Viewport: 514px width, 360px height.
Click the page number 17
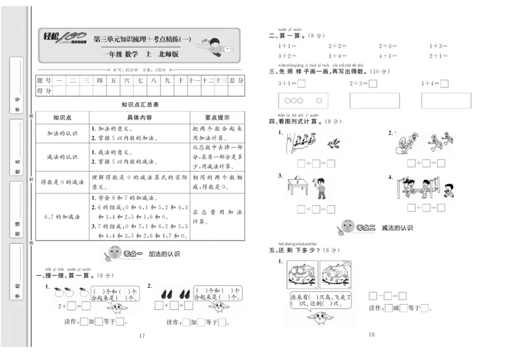pyautogui.click(x=142, y=336)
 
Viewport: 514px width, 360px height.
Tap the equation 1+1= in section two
pyautogui.click(x=287, y=46)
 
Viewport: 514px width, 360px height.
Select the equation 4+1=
pyautogui.click(x=338, y=56)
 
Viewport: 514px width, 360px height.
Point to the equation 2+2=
pyautogui.click(x=338, y=46)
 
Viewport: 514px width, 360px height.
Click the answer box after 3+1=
pyautogui.click(x=301, y=84)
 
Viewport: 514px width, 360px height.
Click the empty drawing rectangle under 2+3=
pyautogui.click(x=374, y=100)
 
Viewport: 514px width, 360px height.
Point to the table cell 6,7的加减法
pyautogui.click(x=62, y=217)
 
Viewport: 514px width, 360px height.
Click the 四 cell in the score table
pyautogui.click(x=99, y=80)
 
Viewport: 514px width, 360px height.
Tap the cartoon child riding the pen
pyautogui.click(x=216, y=44)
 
